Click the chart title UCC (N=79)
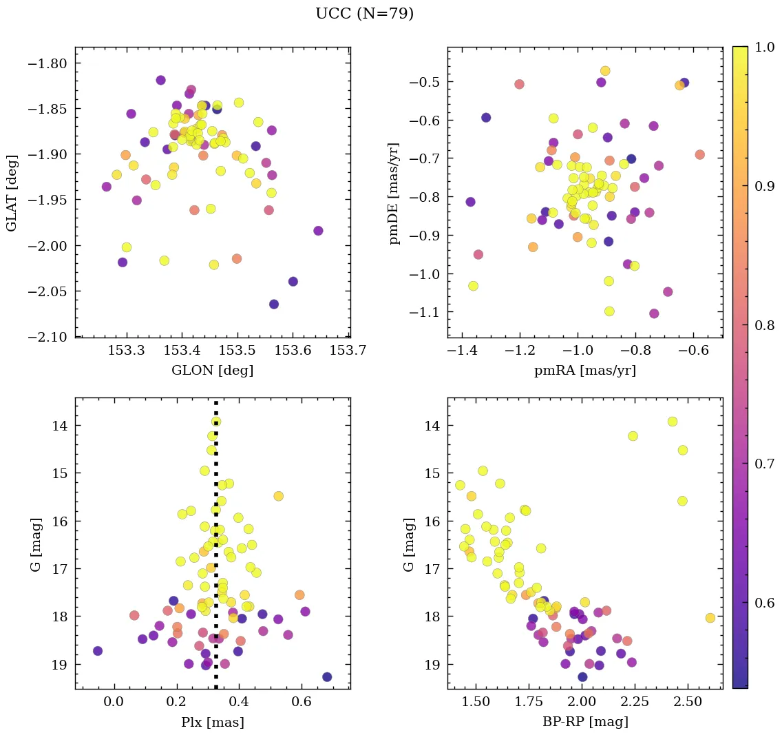364,14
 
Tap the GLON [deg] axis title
212,371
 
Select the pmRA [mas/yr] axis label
584,371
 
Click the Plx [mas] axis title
212,722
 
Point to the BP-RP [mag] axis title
584,722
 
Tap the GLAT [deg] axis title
12,192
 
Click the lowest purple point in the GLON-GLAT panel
273,304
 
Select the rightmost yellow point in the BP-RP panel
710,618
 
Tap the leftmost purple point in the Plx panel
98,651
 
